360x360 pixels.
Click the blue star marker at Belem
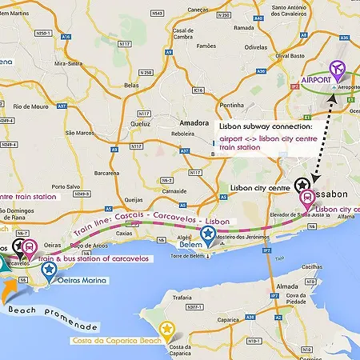[x=209, y=234]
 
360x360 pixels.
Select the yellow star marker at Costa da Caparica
[x=166, y=329]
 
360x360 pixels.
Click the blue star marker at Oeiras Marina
[x=50, y=270]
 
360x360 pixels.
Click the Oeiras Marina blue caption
[x=86, y=281]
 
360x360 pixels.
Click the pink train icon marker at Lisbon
[x=307, y=198]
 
